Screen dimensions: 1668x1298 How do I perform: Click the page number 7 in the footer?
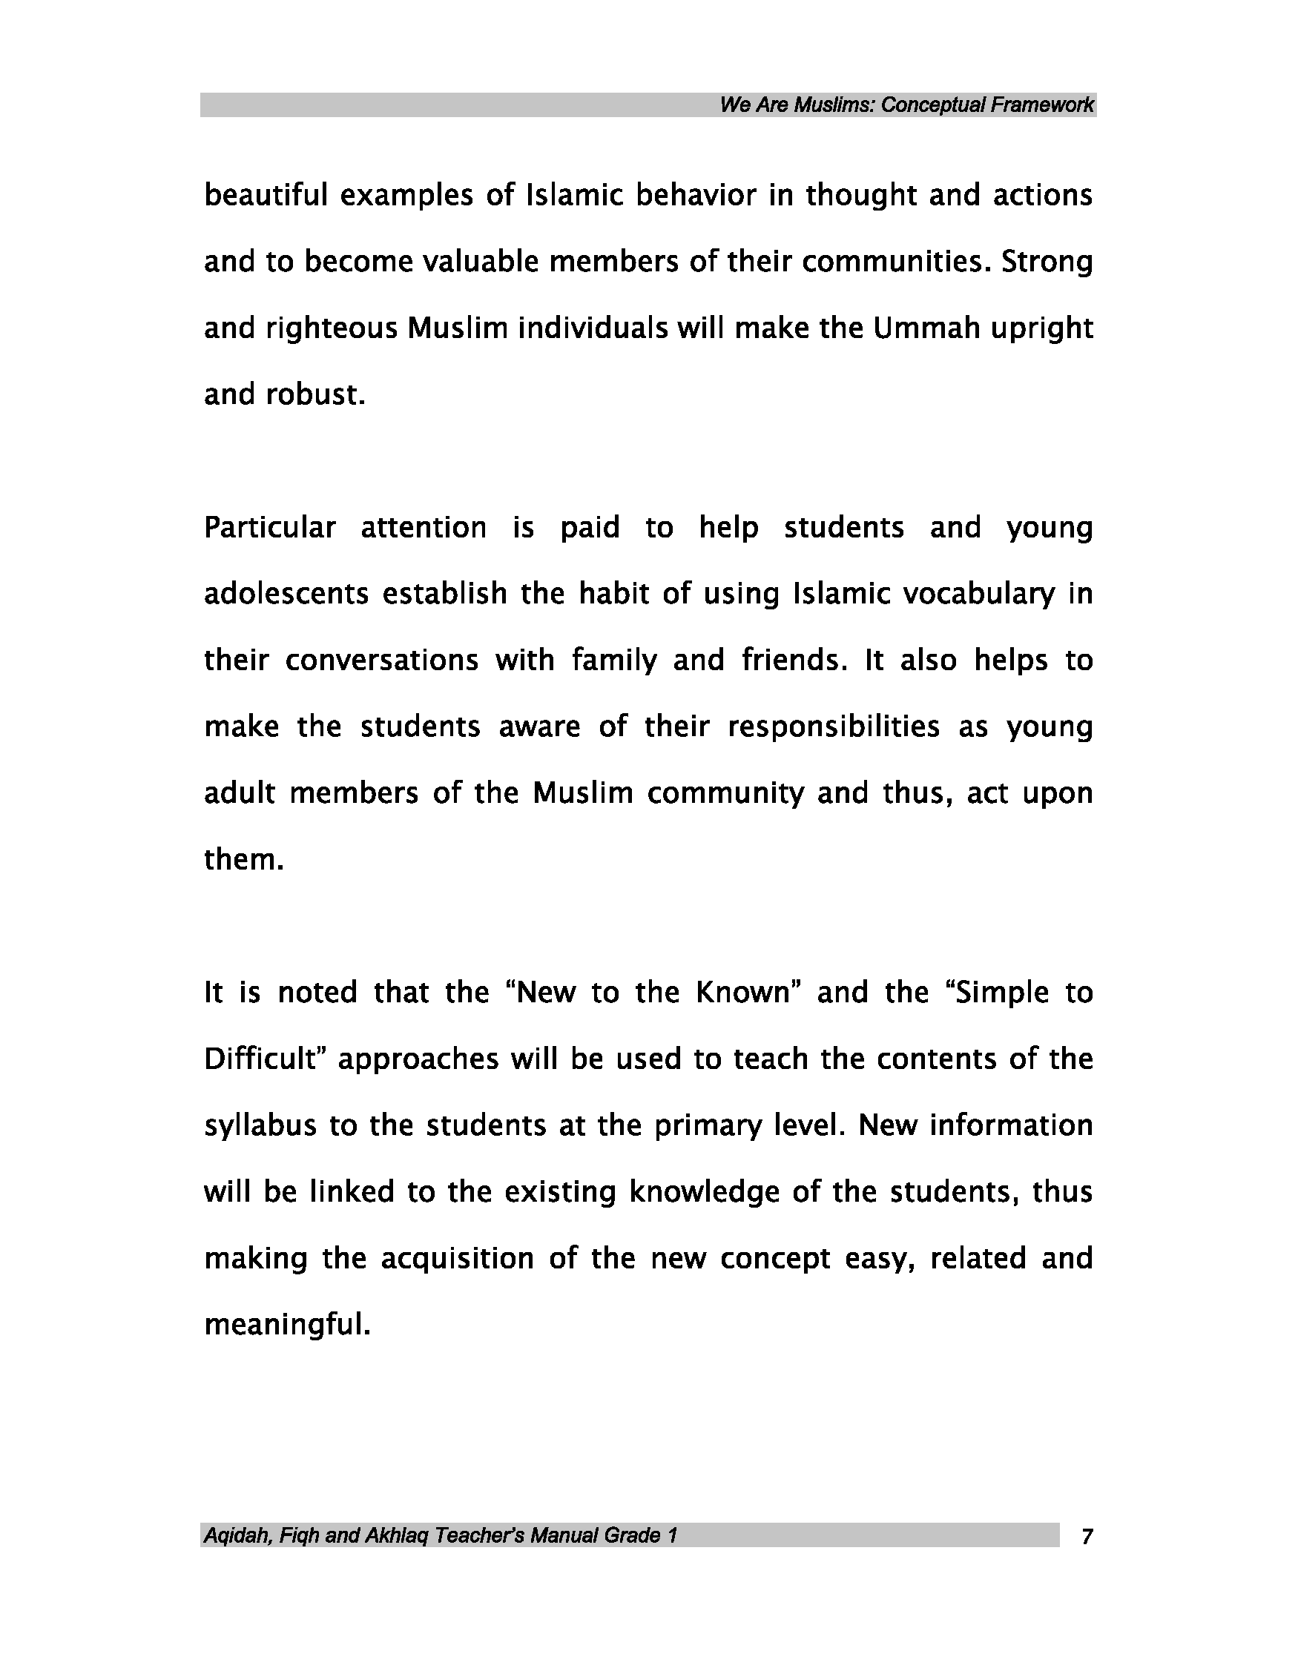click(x=1087, y=1536)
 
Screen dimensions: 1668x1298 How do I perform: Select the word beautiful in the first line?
click(x=266, y=196)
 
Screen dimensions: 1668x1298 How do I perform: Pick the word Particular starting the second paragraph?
click(x=270, y=528)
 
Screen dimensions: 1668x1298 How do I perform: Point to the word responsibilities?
click(x=834, y=727)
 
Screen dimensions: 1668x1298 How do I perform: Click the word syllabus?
click(x=260, y=1126)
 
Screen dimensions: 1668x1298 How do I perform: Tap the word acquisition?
click(x=457, y=1259)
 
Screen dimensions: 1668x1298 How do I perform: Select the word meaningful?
click(x=287, y=1325)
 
